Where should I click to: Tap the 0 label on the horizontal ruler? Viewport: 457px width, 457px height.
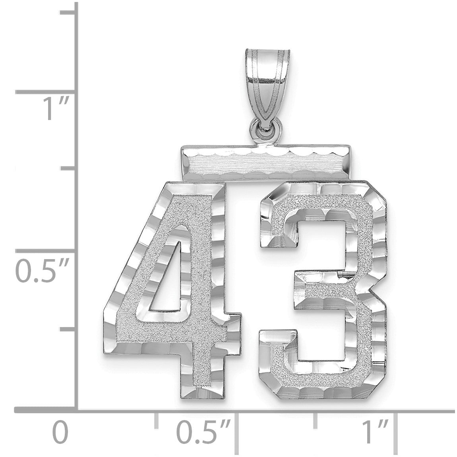(60, 432)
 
